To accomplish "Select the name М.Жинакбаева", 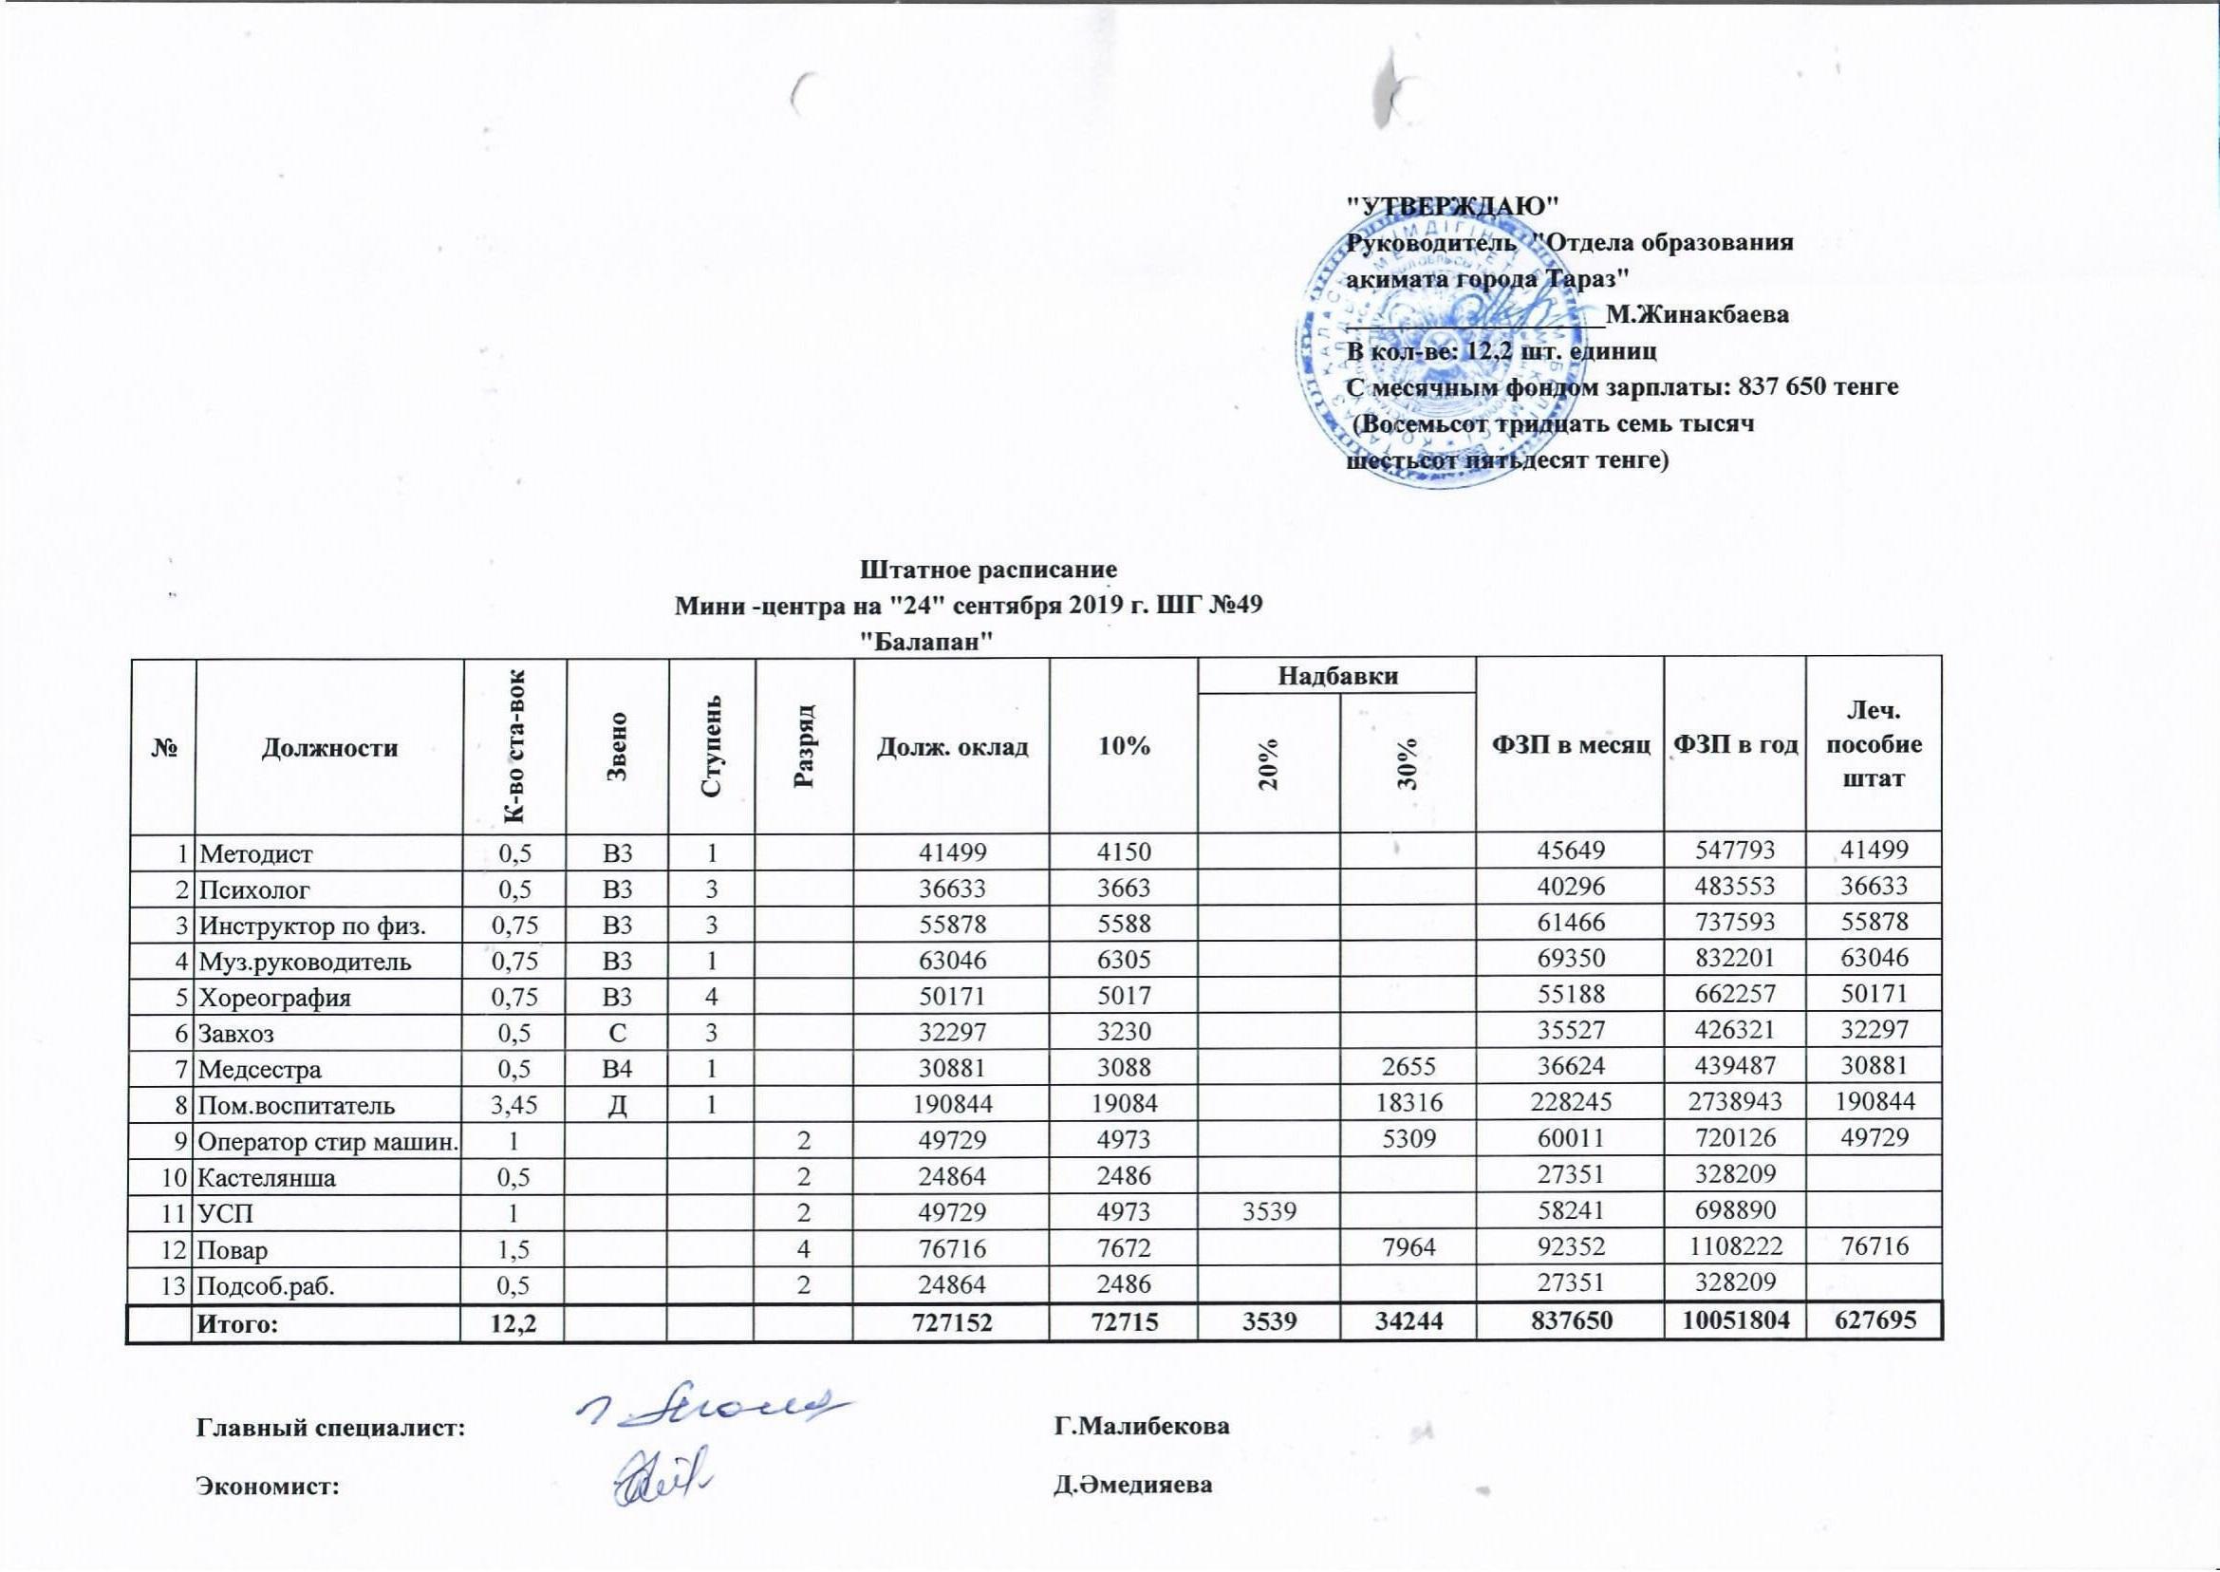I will (1696, 314).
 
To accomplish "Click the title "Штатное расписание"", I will (988, 570).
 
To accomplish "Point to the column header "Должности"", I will (329, 747).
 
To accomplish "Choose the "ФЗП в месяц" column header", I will (1571, 744).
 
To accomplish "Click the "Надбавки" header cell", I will (1337, 676).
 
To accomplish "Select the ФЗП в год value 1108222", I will (1735, 1248).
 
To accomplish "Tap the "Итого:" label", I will (237, 1323).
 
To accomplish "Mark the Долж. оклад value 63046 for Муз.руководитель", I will (951, 962).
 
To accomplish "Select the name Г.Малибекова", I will (1141, 1426).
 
